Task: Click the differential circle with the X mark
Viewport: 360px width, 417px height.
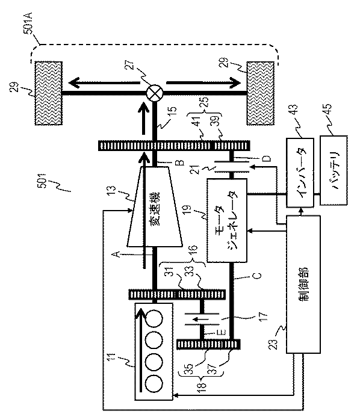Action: (155, 93)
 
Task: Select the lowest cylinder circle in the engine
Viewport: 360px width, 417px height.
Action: (155, 382)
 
